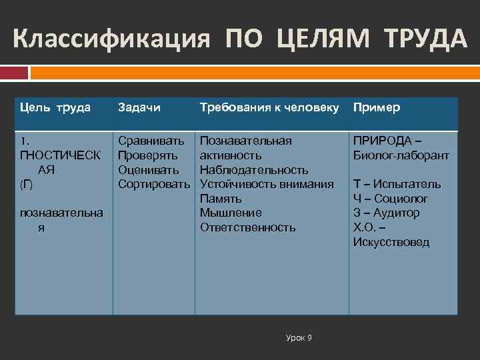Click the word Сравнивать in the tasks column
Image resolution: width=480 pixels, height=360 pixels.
[151, 141]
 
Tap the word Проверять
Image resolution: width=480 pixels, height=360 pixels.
[148, 155]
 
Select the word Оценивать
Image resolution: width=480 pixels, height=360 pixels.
[148, 170]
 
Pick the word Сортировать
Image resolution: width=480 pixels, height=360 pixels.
[155, 184]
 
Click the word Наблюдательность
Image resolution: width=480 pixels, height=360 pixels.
[254, 170]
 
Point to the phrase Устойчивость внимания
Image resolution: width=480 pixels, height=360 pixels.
[267, 184]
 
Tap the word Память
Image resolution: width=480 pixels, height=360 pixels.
[221, 199]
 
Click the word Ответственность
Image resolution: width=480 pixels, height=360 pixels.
[247, 227]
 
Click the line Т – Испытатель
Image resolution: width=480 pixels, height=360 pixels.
[397, 184]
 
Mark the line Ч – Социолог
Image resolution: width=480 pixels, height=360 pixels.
[391, 199]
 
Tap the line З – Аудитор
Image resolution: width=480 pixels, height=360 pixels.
[387, 213]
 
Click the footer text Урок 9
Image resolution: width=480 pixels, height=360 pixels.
[299, 338]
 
